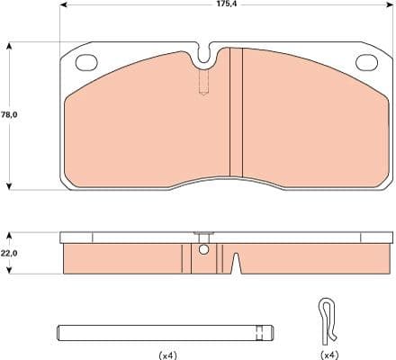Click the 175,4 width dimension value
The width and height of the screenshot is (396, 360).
(227, 5)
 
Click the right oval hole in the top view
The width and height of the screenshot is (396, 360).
(367, 62)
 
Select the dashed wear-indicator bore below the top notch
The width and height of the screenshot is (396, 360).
(204, 85)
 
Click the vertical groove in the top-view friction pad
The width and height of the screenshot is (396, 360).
(236, 112)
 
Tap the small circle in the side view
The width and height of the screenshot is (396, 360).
(203, 250)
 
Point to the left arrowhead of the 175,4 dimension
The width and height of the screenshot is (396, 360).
(63, 5)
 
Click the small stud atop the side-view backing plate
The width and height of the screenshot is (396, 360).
(203, 231)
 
